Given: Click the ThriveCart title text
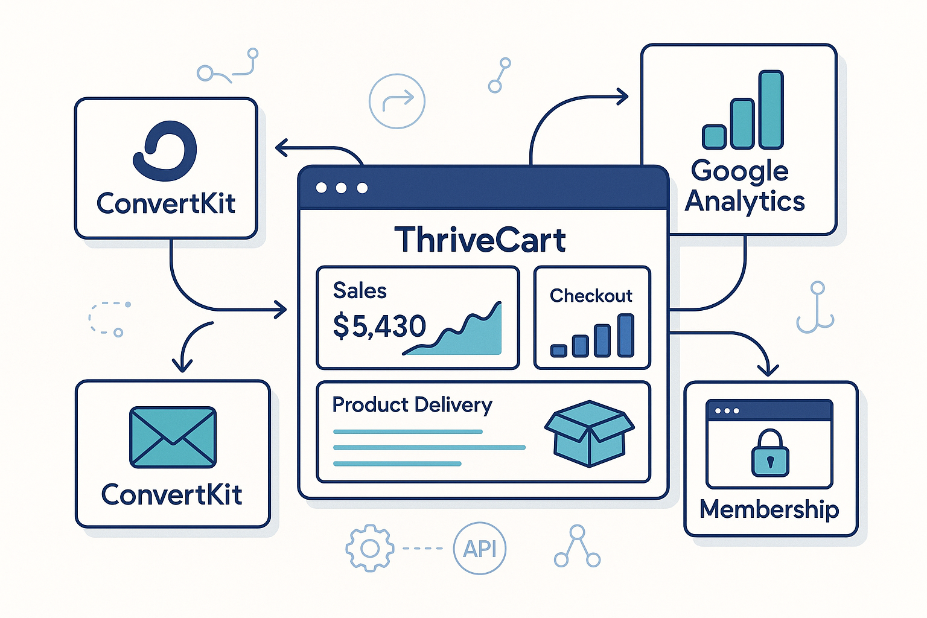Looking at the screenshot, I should (480, 240).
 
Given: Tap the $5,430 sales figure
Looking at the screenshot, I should (379, 327).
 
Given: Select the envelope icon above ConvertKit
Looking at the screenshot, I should (173, 437).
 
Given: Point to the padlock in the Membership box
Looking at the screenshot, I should (770, 454).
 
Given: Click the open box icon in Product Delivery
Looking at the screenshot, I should (589, 433).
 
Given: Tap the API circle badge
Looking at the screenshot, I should (480, 549).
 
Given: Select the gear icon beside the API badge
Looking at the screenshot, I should (369, 548).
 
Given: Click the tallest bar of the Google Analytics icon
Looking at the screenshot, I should (771, 110).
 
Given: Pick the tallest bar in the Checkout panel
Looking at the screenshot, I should (626, 335).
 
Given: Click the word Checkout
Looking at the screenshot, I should (591, 296).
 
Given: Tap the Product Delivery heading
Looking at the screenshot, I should (412, 404).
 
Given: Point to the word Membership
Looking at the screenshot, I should (769, 510).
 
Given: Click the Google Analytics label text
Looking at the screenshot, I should (744, 186).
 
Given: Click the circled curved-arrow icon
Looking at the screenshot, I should (397, 101).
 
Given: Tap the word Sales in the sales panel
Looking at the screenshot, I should (360, 291).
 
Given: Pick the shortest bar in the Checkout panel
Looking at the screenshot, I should (559, 350).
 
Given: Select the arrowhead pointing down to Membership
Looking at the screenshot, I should (768, 369).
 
